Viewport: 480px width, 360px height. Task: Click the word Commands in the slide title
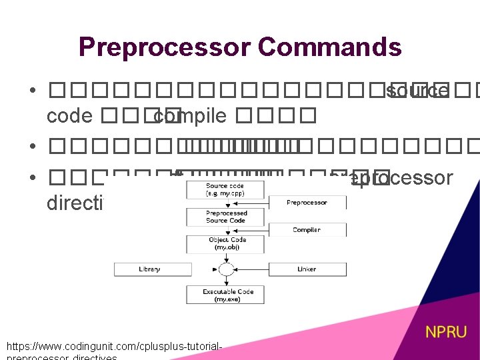coord(329,47)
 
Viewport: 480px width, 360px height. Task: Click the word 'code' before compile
coord(69,116)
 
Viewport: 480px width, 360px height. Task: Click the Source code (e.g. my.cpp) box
coord(225,189)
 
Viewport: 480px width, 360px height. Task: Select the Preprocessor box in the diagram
coord(306,202)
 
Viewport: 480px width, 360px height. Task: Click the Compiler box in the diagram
coord(306,229)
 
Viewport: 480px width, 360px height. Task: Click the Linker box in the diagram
coord(306,269)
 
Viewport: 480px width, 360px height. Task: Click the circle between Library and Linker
coord(226,269)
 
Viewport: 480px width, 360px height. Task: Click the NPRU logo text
coord(446,332)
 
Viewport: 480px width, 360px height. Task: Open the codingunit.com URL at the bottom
coord(113,347)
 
